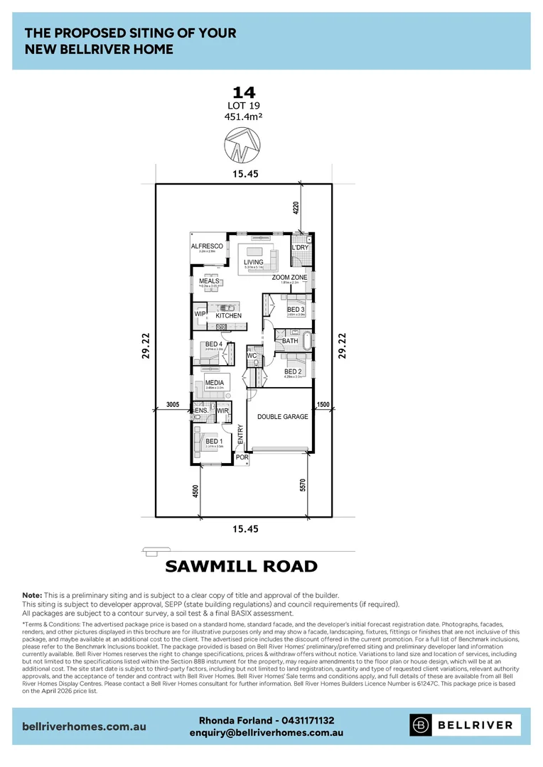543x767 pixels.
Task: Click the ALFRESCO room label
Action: pyautogui.click(x=207, y=246)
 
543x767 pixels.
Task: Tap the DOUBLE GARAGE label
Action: pyautogui.click(x=283, y=417)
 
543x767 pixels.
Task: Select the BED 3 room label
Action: pyautogui.click(x=296, y=310)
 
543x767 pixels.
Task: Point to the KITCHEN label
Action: pyautogui.click(x=229, y=315)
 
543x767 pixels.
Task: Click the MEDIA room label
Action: pyautogui.click(x=215, y=383)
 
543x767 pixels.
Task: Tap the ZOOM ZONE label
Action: pyautogui.click(x=289, y=277)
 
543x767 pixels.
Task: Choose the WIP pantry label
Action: pyautogui.click(x=200, y=314)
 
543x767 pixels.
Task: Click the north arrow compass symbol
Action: pyautogui.click(x=240, y=148)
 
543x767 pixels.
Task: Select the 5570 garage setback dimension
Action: pyautogui.click(x=303, y=486)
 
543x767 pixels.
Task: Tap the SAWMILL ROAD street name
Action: pyautogui.click(x=241, y=566)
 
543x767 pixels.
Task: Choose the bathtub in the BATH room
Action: pyautogui.click(x=307, y=341)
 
